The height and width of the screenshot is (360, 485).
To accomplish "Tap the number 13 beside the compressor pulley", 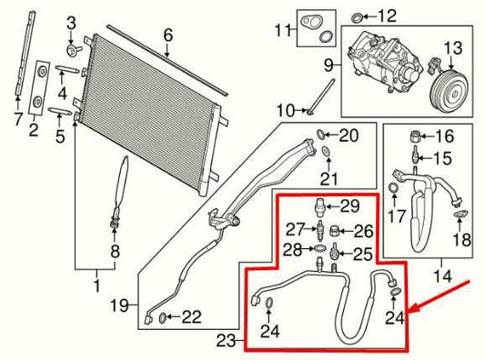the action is [452, 46].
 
